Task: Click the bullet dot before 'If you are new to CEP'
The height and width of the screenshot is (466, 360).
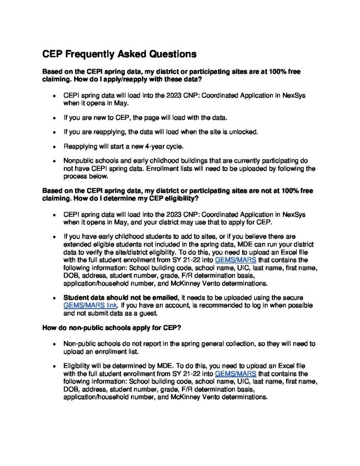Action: pos(54,117)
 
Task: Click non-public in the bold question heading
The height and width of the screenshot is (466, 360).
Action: pos(83,328)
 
